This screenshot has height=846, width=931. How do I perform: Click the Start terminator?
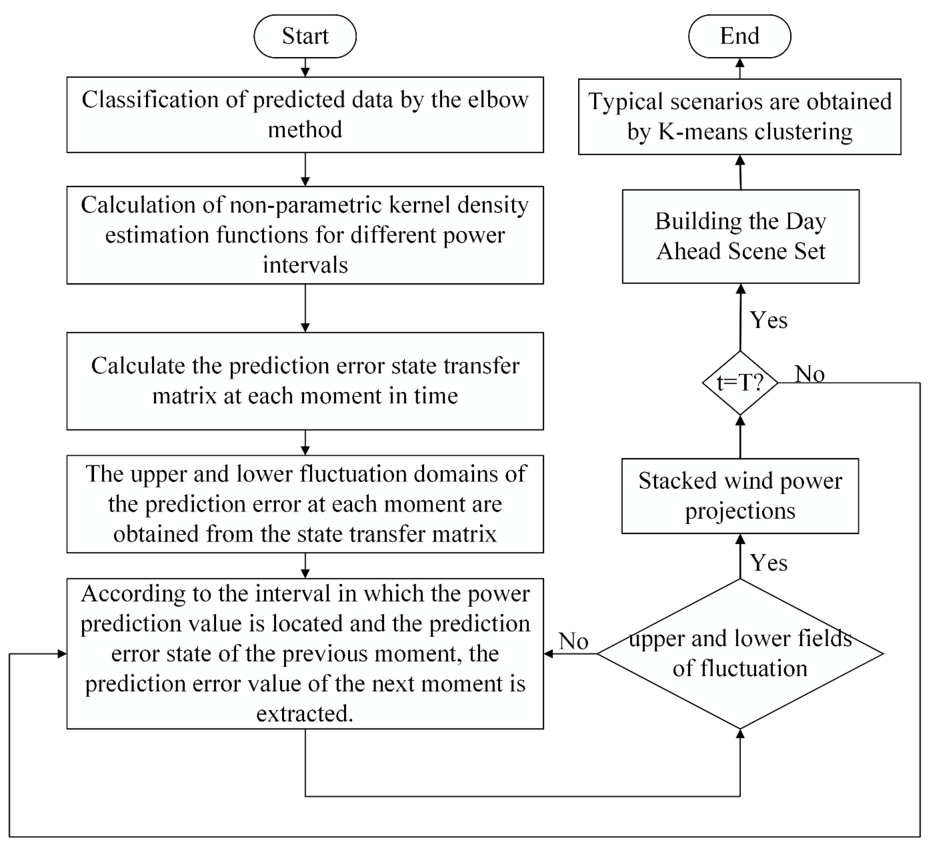coord(305,36)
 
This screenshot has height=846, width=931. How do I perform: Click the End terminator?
coord(739,36)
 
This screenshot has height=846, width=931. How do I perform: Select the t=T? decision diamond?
coord(740,383)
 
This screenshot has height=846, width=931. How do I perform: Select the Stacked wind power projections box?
coord(740,496)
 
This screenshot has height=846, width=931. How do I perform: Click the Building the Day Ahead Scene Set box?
coord(740,236)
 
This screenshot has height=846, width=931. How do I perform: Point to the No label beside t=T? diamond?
coord(810,374)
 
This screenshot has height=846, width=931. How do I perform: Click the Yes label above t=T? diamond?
coord(768,320)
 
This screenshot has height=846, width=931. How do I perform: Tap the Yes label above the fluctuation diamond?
coord(768,562)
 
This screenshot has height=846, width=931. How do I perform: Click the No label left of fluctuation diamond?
coord(573,641)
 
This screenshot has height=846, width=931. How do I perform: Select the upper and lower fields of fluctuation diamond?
coord(740,653)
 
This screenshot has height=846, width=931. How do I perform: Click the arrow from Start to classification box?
coord(305,67)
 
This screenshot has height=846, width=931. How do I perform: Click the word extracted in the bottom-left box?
coord(305,714)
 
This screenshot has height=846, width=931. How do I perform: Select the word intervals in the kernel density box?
coord(305,265)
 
